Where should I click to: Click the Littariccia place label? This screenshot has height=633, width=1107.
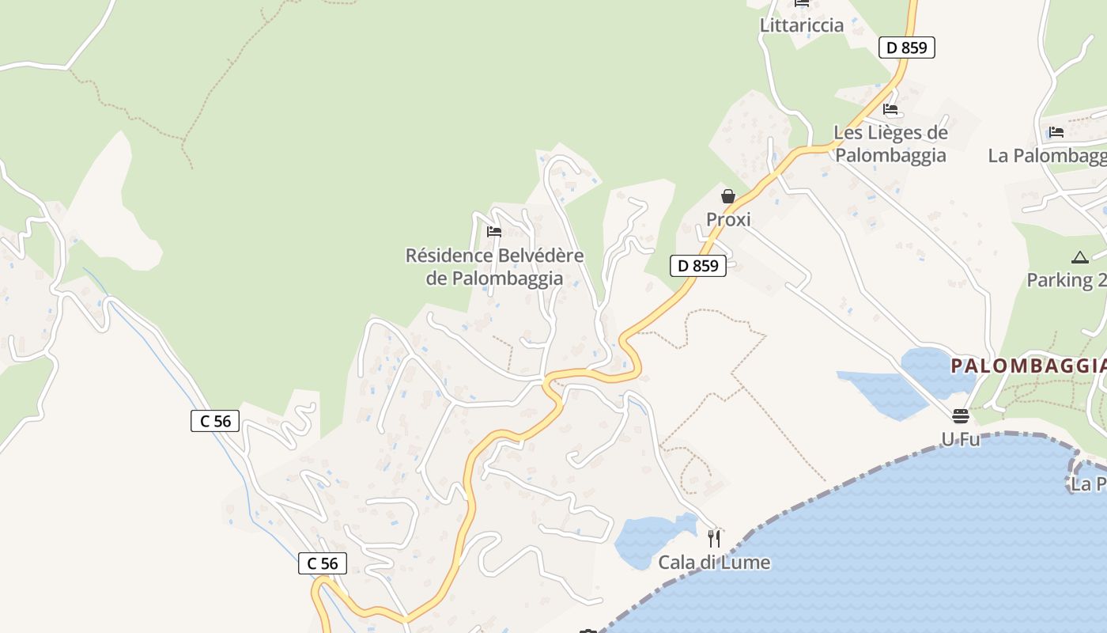click(x=802, y=25)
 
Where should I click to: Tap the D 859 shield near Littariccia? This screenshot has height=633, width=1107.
click(x=906, y=47)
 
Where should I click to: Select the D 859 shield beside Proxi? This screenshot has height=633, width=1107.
click(x=698, y=266)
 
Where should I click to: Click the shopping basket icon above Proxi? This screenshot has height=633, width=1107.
click(x=727, y=196)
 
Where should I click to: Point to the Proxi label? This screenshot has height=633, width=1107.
click(x=728, y=219)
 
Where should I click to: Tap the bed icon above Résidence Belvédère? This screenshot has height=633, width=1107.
click(x=494, y=232)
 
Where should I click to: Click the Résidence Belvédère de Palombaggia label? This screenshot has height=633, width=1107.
click(x=494, y=267)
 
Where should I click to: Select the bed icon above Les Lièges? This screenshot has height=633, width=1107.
click(x=890, y=109)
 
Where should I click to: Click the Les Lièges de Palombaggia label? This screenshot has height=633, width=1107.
click(x=890, y=143)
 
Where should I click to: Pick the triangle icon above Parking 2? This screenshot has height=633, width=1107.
click(x=1079, y=257)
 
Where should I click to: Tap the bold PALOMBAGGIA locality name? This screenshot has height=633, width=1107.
click(x=1028, y=366)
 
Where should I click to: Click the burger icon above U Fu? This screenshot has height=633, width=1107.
click(x=960, y=416)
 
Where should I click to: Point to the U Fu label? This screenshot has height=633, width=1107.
click(x=960, y=439)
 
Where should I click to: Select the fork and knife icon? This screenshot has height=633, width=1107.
click(x=714, y=539)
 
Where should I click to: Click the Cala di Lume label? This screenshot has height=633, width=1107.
click(x=714, y=563)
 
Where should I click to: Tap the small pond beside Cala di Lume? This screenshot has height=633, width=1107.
click(x=648, y=540)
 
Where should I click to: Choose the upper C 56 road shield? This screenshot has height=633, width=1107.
click(x=215, y=421)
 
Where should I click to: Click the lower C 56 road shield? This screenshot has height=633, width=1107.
click(x=323, y=563)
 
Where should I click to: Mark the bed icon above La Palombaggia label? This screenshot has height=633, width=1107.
click(x=1056, y=132)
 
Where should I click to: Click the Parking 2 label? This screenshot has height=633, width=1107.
click(x=1066, y=280)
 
